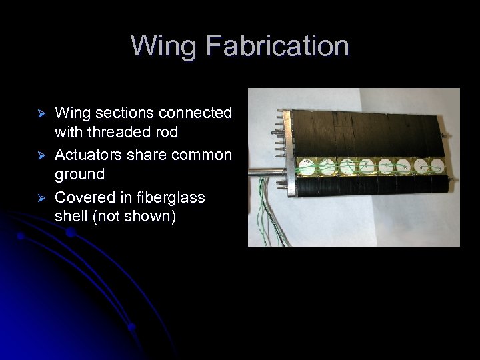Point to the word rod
point(166,133)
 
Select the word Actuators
point(85,155)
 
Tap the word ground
point(79,175)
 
